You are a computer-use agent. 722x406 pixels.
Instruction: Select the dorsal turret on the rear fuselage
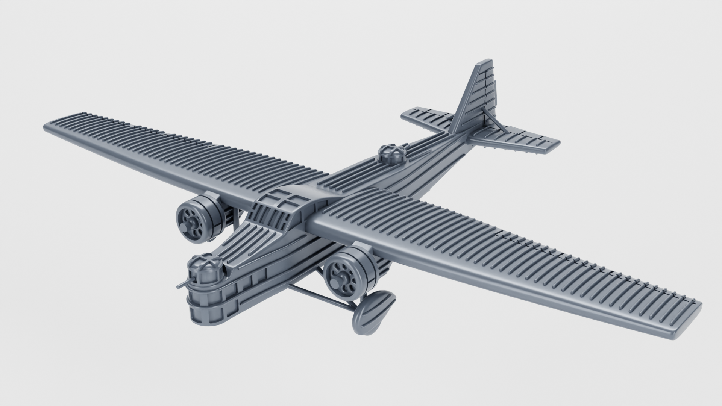pyautogui.click(x=392, y=155)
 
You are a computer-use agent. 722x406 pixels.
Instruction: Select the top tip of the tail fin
pyautogui.click(x=485, y=62)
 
